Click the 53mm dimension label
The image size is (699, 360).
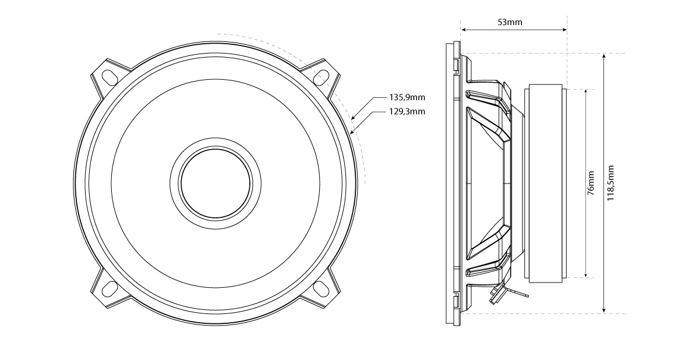tap(510, 23)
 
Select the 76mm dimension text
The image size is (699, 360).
tap(591, 183)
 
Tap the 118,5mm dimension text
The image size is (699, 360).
tap(610, 183)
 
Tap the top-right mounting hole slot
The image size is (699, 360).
tap(322, 75)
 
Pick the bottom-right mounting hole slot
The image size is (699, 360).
tap(322, 287)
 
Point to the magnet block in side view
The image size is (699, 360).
tap(545, 183)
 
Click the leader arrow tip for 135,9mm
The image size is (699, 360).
tap(353, 118)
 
